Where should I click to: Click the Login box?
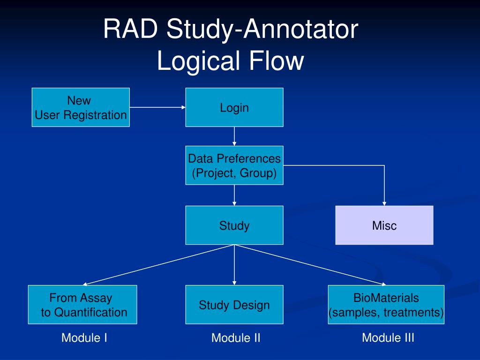234,107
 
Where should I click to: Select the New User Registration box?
81,107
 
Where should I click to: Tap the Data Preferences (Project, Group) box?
234,166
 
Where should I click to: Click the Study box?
234,225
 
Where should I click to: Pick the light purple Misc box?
384,225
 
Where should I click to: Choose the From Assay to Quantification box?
82,305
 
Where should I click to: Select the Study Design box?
234,305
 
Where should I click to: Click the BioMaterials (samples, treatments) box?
386,305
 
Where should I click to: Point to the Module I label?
84,337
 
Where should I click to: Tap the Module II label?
236,338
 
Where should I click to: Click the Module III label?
388,337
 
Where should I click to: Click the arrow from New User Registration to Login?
157,107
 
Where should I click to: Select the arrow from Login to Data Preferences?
234,136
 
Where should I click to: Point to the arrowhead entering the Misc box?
384,203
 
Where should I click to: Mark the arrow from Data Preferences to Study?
234,195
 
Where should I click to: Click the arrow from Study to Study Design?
234,265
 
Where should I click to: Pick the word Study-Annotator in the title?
262,30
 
